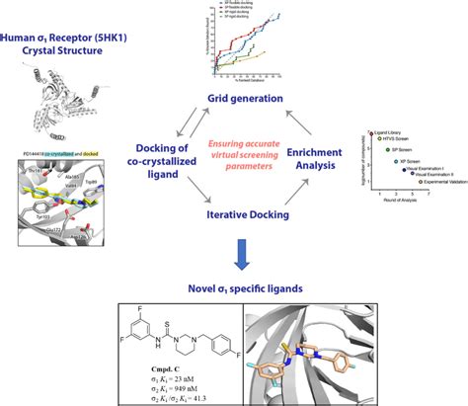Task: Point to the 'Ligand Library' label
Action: pos(387,131)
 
